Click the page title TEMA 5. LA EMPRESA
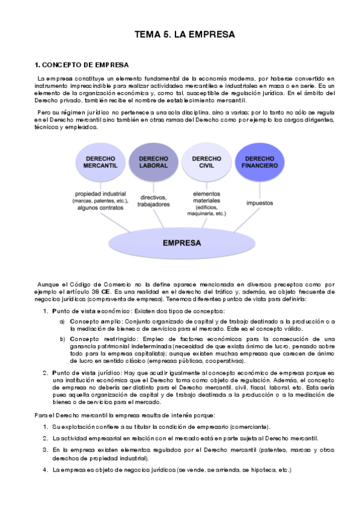pyautogui.click(x=185, y=35)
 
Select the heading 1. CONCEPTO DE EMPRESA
pyautogui.click(x=82, y=64)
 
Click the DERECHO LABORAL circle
pyautogui.click(x=153, y=161)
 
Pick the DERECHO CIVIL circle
pyautogui.click(x=206, y=161)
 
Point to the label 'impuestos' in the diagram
pyautogui.click(x=259, y=203)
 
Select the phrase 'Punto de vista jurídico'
pyautogui.click(x=87, y=373)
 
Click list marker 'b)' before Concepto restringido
pyautogui.click(x=62, y=339)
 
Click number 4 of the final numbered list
pyautogui.click(x=45, y=470)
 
